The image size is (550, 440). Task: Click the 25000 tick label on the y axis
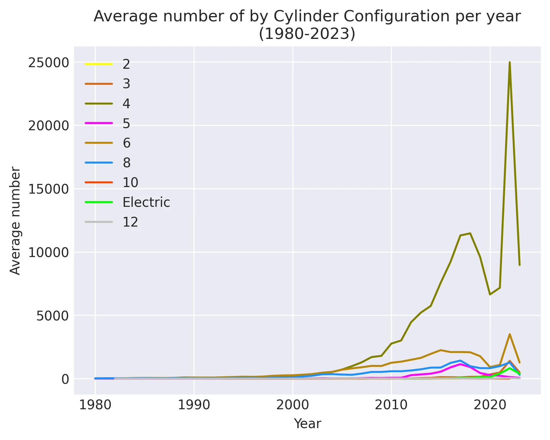48,63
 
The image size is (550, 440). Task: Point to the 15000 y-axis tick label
48,190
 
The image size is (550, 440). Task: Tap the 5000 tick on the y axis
52,316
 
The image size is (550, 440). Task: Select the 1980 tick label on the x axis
95,405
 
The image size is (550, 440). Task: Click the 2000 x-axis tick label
292,405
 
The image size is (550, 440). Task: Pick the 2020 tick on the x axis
490,405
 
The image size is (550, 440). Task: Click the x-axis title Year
307,424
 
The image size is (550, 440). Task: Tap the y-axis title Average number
15,221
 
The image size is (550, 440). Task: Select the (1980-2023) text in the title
307,34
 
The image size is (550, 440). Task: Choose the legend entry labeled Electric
146,202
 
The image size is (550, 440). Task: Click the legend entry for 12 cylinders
130,222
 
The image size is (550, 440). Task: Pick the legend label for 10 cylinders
130,183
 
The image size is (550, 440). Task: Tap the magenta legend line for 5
99,123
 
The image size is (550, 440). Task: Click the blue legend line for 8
99,163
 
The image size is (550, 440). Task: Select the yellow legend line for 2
99,64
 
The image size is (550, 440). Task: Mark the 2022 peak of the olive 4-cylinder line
510,62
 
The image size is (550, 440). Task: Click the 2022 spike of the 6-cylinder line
510,334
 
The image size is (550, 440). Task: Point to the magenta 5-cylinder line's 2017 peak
460,364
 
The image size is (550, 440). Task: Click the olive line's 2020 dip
490,294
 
